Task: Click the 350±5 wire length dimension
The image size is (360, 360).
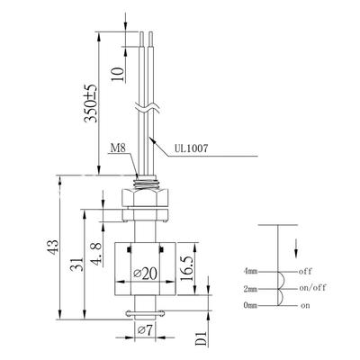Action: [x=91, y=103]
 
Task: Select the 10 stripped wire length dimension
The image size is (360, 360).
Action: [x=118, y=74]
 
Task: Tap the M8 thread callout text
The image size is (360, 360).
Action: [x=118, y=148]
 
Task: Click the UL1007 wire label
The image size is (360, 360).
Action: [x=191, y=148]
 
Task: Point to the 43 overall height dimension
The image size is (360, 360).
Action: [x=54, y=247]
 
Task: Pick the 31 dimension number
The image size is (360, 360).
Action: [x=77, y=264]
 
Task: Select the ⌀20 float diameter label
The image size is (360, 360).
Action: [x=145, y=274]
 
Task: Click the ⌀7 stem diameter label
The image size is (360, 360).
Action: [x=146, y=330]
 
